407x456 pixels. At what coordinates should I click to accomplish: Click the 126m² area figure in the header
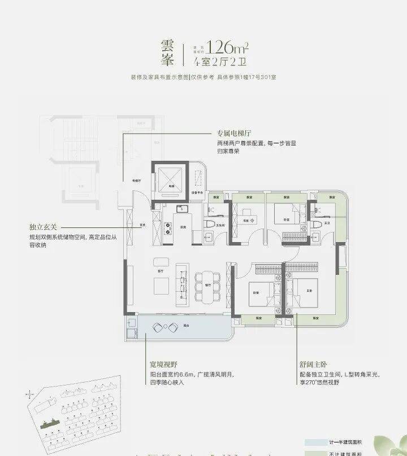(x=226, y=46)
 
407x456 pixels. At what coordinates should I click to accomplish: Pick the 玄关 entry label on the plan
(x=143, y=225)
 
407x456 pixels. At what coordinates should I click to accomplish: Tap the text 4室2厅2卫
(x=226, y=62)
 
